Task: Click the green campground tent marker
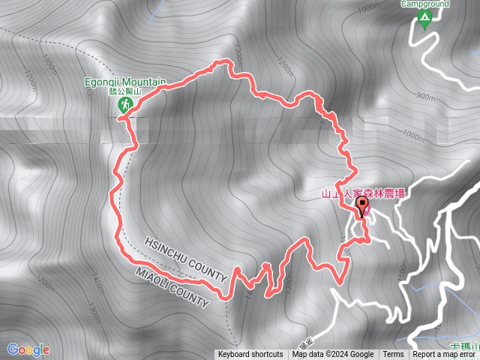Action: (x=425, y=19)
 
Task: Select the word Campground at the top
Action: (x=424, y=4)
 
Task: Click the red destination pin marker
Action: (x=363, y=205)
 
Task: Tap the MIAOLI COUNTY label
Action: (x=172, y=286)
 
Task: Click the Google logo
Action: (x=28, y=349)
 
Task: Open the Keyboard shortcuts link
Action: (x=250, y=355)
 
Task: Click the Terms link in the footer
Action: (x=393, y=355)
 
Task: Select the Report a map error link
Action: (x=445, y=355)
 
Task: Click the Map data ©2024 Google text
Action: (x=333, y=355)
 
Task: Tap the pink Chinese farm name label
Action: (x=363, y=193)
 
